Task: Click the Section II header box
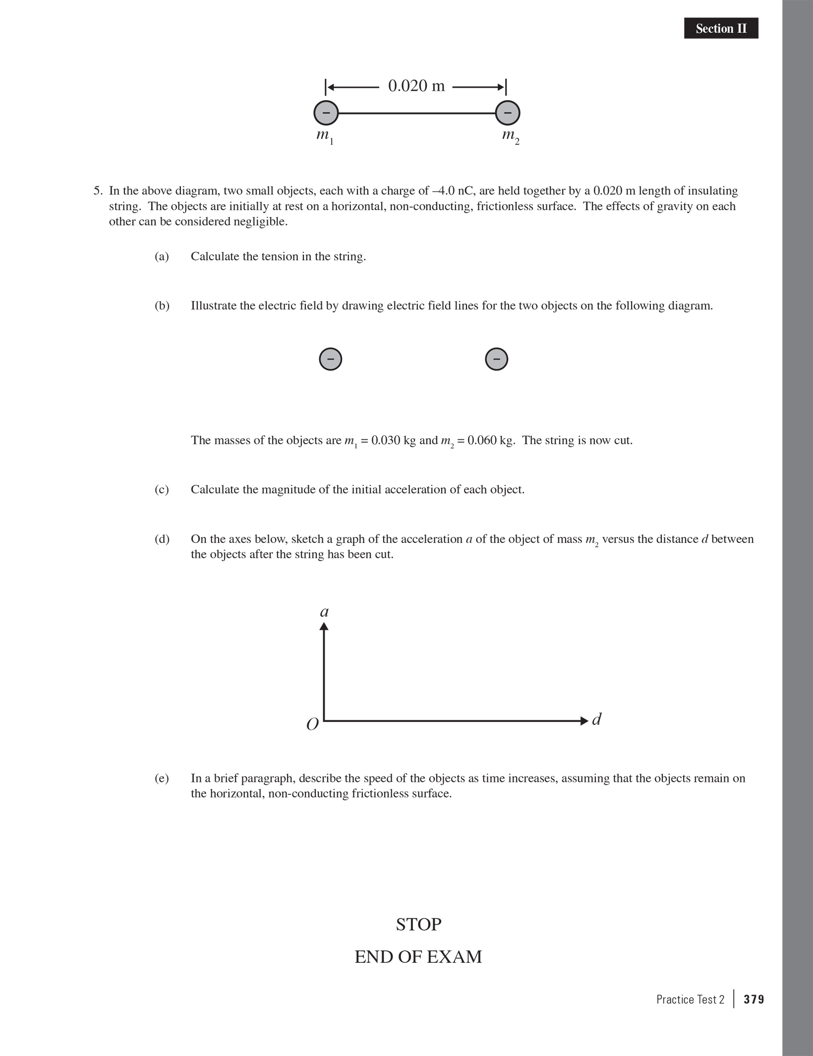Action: click(x=721, y=28)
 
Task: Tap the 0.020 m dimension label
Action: click(x=416, y=86)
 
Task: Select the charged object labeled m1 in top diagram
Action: click(x=326, y=113)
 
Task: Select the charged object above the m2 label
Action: click(x=508, y=113)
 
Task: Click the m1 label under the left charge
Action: click(x=325, y=136)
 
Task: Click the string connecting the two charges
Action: click(x=416, y=113)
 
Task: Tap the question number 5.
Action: click(x=98, y=191)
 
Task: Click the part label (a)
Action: click(x=162, y=256)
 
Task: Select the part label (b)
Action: click(x=162, y=305)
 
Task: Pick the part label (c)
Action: click(x=162, y=489)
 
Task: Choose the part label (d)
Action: click(x=162, y=539)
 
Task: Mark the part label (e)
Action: click(x=162, y=778)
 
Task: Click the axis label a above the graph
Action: click(x=324, y=612)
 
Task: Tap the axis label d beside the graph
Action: click(x=597, y=719)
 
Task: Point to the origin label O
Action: click(x=312, y=725)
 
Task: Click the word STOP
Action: click(x=418, y=925)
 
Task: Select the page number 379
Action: click(x=754, y=999)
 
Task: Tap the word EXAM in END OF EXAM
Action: click(x=454, y=957)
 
